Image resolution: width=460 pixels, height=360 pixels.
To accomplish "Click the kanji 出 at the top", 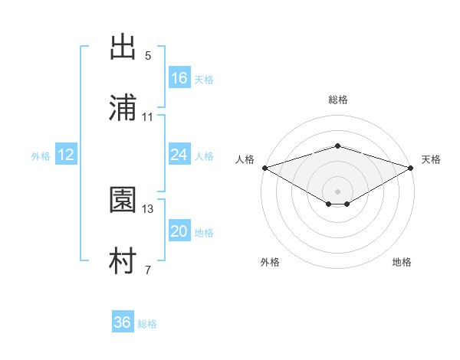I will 123,47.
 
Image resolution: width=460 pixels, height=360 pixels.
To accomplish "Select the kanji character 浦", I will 123,108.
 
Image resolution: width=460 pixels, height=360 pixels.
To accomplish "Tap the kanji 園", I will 123,201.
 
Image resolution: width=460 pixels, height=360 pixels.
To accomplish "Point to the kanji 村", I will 123,262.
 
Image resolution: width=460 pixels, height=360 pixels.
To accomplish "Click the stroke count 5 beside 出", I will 147,56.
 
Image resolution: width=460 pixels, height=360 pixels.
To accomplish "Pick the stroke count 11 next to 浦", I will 148,117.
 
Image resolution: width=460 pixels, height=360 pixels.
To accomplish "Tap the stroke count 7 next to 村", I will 147,270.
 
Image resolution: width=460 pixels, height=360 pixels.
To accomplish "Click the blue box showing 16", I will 179,78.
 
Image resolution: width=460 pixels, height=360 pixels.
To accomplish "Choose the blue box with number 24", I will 179,155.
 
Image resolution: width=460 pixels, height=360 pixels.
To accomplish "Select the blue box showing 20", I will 179,231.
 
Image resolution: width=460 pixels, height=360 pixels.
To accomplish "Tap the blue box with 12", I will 66,155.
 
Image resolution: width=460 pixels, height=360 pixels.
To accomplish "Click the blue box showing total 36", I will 123,322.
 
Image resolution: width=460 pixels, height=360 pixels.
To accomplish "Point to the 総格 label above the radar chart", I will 338,100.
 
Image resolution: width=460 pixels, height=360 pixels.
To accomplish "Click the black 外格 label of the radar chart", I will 270,262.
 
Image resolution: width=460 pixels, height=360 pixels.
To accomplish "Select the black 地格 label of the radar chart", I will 402,262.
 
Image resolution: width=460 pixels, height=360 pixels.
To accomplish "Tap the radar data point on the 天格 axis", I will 411,168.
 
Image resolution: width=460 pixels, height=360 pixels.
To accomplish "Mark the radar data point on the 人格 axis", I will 264,168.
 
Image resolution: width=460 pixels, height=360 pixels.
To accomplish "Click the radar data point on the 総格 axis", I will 338,146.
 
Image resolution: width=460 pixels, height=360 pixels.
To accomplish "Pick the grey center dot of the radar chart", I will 338,191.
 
